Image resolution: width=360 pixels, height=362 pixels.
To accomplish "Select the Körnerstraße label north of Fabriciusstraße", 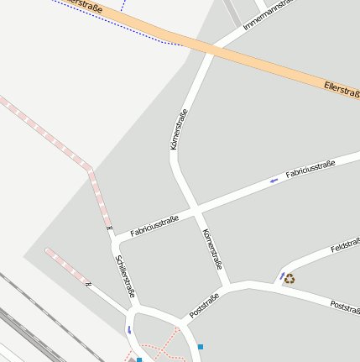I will coord(177,129).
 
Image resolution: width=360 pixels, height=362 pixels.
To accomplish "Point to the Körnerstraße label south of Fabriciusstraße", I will coord(211,249).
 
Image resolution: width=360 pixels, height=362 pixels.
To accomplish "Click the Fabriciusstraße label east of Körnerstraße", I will coord(310,168).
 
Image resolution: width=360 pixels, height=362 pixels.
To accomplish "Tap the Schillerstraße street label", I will coord(124,276).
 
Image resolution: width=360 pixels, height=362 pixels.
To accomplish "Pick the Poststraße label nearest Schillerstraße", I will coord(204,305).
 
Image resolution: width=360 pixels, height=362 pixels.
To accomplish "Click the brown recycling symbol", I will coord(290,279).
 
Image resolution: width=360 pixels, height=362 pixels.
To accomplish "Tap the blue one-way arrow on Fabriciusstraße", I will coord(274,181).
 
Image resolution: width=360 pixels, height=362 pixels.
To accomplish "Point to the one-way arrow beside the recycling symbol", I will coord(281,275).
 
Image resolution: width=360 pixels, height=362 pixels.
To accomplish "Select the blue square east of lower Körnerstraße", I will coord(200,346).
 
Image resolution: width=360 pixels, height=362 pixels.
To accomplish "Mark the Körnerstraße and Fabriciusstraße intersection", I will coord(194,208).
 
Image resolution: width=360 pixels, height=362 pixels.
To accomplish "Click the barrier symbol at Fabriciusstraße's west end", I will coord(109,228).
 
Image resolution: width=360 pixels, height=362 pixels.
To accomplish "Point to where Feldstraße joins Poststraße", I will coord(274,286).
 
